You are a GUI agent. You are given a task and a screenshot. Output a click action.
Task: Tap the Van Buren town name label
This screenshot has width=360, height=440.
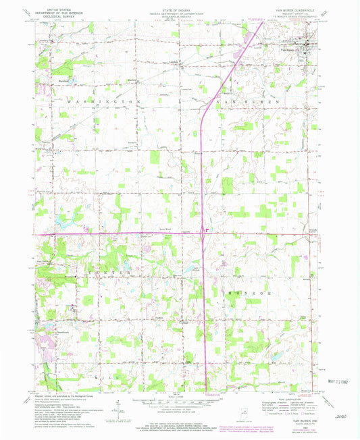(x=288, y=47)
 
